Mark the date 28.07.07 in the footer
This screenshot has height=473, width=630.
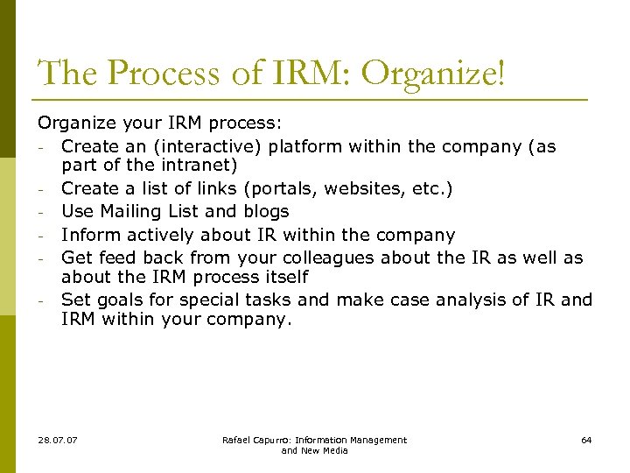coord(57,440)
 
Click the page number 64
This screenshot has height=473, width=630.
coord(586,440)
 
